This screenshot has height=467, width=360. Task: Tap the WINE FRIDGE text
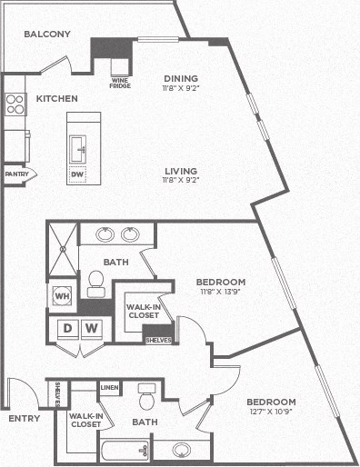(x=122, y=84)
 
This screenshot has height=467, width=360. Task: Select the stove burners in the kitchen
(x=15, y=104)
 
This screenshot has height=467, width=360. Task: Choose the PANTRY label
(x=15, y=174)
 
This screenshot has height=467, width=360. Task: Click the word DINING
(x=181, y=78)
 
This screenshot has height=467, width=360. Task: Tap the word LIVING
(x=181, y=170)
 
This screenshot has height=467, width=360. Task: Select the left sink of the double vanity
(x=105, y=234)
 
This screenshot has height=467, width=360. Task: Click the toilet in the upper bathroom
(x=95, y=283)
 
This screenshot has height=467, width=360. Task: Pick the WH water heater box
(x=62, y=297)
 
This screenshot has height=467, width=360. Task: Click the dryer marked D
(x=68, y=327)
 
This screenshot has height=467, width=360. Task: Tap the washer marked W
(x=92, y=327)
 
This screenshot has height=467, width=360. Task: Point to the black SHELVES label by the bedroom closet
(x=158, y=340)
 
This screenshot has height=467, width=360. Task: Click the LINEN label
(x=109, y=388)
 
